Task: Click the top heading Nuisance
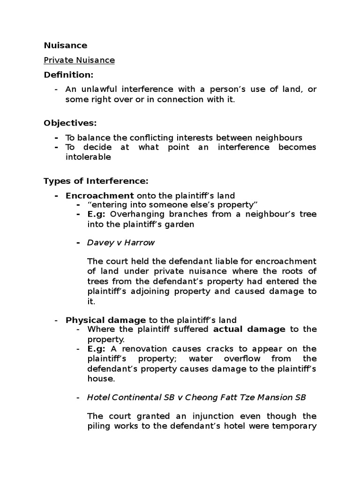(x=65, y=45)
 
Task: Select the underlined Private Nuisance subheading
(x=79, y=60)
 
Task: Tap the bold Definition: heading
(x=68, y=75)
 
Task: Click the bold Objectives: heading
(x=70, y=123)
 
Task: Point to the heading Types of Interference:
(x=96, y=181)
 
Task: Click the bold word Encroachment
(x=99, y=195)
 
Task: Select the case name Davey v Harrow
(x=120, y=243)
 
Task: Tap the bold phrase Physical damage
(x=105, y=320)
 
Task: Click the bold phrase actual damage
(x=249, y=329)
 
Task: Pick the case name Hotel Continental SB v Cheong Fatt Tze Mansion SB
(x=196, y=397)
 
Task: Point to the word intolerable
(x=88, y=157)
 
